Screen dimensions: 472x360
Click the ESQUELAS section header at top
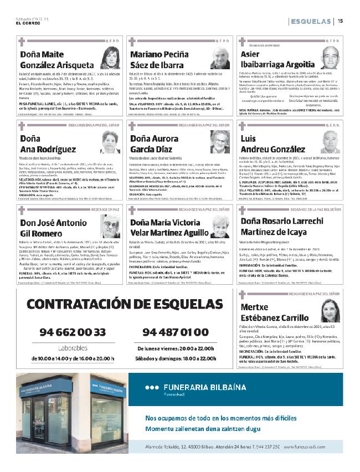coord(310,21)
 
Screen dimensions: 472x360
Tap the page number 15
coord(340,21)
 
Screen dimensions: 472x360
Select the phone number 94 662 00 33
coord(73,332)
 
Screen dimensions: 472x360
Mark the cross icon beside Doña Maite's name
coord(22,41)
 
